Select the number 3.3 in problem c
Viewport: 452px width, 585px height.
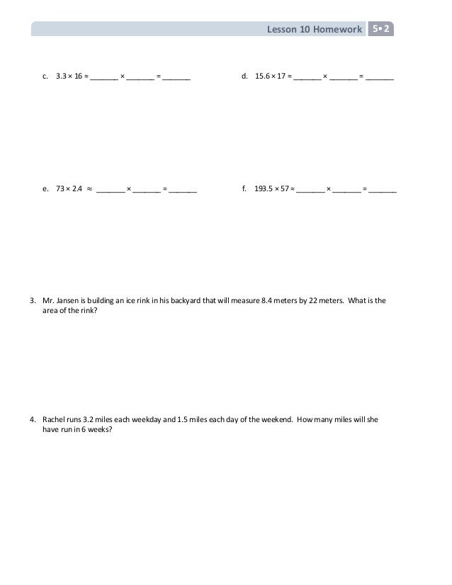[61, 74]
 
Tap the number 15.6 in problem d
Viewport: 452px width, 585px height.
[264, 74]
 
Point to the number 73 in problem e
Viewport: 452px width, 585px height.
[60, 190]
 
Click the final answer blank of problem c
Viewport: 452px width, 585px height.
[176, 74]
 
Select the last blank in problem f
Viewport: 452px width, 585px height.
[383, 191]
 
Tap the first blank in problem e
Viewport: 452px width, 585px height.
[110, 191]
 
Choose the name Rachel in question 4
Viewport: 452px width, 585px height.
[54, 419]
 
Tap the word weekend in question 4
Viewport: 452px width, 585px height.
[274, 419]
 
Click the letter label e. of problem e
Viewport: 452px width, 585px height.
[45, 190]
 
